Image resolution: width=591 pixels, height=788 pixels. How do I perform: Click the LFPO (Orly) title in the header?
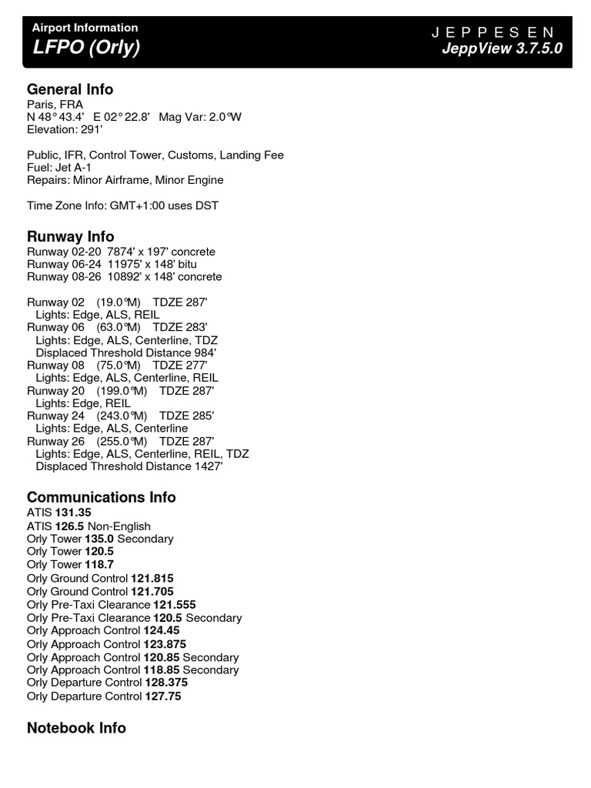[x=85, y=48]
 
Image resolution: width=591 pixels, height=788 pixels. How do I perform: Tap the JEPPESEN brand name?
[x=492, y=32]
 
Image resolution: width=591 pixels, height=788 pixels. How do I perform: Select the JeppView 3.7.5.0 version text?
[x=502, y=49]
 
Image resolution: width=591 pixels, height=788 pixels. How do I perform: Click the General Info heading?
[x=70, y=89]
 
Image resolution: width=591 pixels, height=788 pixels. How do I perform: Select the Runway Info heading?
[x=70, y=236]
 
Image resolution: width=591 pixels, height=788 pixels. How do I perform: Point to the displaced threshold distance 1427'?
[x=208, y=466]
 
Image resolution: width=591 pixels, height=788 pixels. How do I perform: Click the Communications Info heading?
[x=102, y=497]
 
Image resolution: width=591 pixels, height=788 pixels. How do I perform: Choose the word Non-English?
[x=125, y=526]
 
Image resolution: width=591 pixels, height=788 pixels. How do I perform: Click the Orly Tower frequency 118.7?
[x=99, y=564]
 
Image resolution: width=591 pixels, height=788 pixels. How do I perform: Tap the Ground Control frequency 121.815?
[x=152, y=577]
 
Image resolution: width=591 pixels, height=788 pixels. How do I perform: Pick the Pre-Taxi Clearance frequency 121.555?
[x=175, y=605]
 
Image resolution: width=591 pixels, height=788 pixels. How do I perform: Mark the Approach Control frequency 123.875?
[x=165, y=644]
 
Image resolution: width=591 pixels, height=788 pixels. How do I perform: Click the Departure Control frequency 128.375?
[x=167, y=683]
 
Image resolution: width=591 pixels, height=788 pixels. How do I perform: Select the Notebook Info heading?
[x=76, y=728]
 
